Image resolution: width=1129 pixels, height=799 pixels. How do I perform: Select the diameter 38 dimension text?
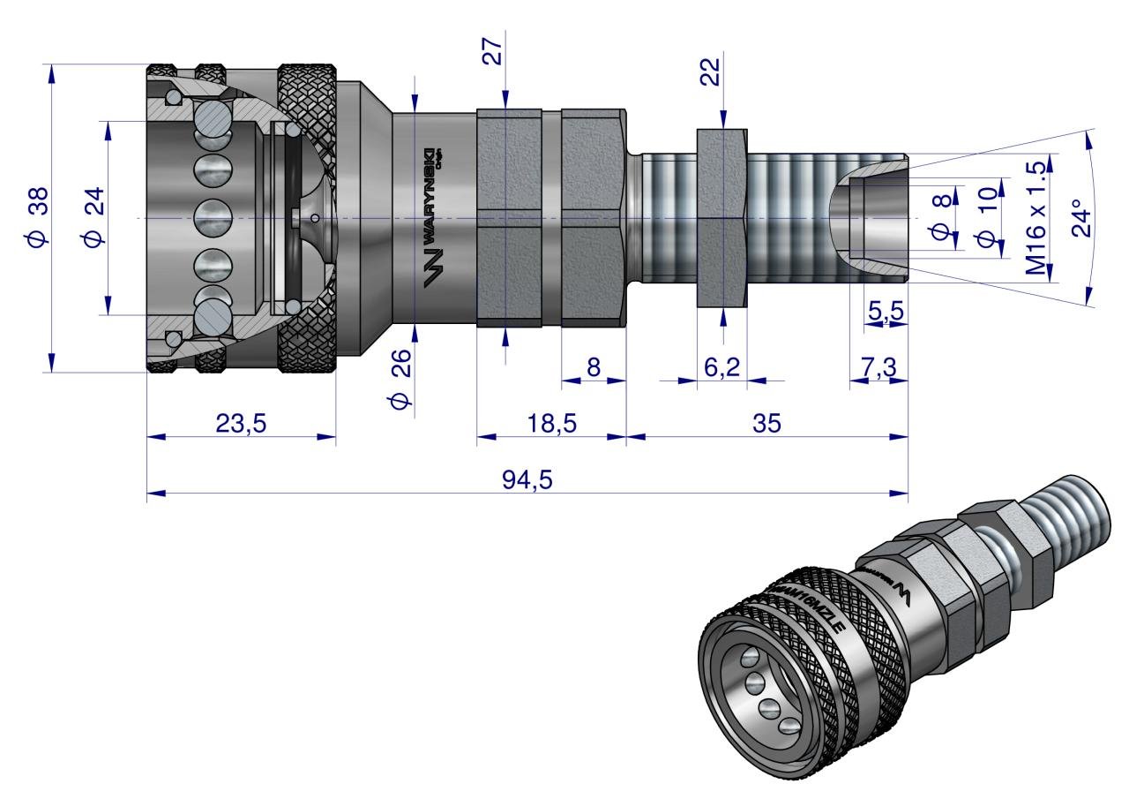(38, 217)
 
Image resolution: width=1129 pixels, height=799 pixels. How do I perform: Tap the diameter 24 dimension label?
(95, 217)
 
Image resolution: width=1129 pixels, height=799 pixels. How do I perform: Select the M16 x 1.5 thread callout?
(1037, 217)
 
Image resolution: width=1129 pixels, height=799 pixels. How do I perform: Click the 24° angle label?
(1081, 217)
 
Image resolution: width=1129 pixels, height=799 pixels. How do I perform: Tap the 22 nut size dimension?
(711, 68)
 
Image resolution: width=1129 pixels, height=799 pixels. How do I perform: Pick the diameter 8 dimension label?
(942, 217)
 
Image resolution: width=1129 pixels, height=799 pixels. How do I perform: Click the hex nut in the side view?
(722, 217)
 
